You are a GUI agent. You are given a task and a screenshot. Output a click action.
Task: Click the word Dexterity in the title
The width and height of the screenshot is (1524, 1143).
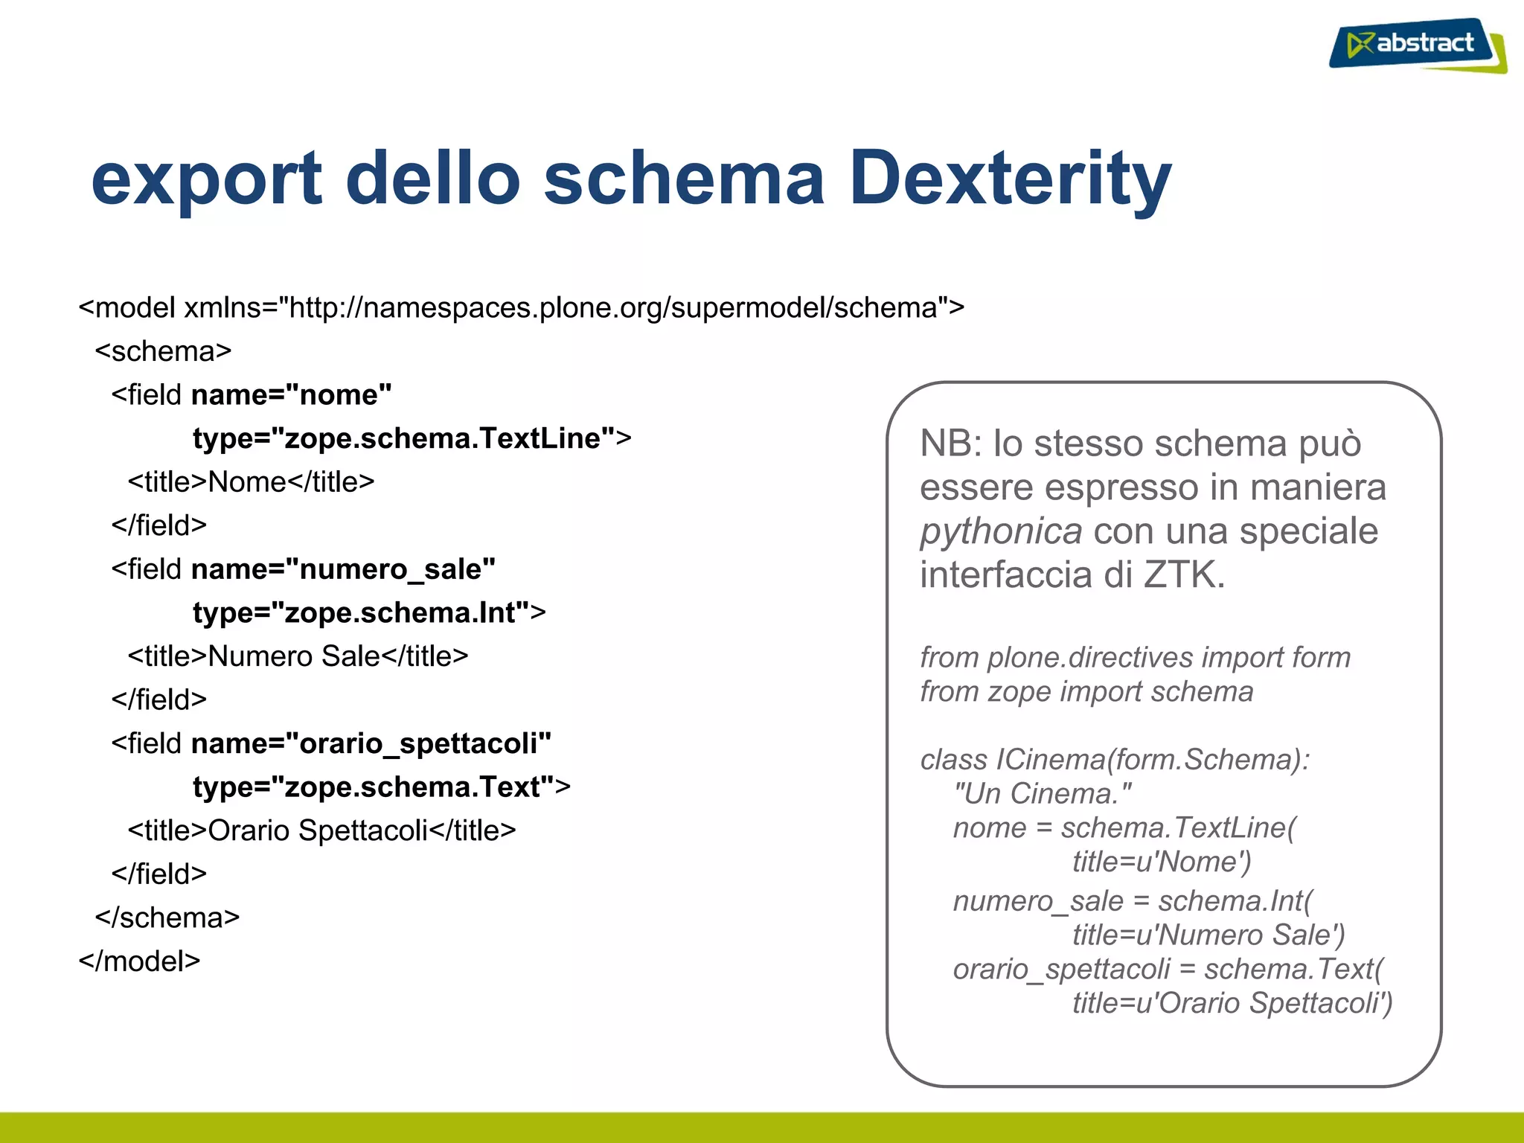pos(1010,179)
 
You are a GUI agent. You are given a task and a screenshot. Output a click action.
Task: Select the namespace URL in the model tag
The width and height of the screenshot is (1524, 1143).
pos(612,307)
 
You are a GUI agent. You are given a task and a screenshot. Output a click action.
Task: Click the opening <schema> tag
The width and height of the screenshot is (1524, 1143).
pos(163,351)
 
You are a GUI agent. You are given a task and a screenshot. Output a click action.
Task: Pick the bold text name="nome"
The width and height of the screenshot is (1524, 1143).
pos(291,394)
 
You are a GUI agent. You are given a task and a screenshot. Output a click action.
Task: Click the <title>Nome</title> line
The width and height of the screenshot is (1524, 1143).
pos(251,481)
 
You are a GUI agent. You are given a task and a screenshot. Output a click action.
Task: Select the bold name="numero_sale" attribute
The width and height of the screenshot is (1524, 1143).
pos(343,569)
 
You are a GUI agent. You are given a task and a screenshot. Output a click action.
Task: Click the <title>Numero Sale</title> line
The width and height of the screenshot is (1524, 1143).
pos(298,656)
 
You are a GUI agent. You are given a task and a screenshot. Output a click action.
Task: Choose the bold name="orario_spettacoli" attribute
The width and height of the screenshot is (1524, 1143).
pos(371,743)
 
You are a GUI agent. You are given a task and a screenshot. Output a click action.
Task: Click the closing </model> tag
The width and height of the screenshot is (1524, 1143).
pos(139,961)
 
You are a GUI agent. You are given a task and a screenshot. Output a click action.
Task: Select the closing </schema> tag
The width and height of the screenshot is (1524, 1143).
pos(167,918)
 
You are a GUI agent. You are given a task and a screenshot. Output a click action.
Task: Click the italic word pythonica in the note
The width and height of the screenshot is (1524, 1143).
pos(1000,531)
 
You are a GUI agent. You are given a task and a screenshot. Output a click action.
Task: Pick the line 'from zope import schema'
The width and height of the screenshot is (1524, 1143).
pos(1086,691)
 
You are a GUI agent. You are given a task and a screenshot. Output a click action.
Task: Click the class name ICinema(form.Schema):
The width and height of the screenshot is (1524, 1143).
pos(1153,759)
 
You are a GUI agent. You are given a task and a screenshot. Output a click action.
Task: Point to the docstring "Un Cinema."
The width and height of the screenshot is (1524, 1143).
pos(1042,793)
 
